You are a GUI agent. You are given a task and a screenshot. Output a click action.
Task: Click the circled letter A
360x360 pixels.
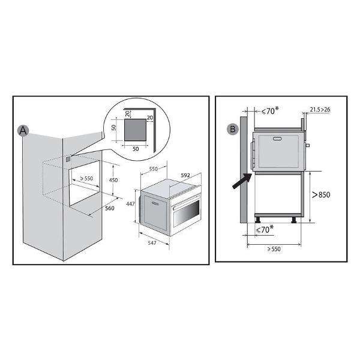tap(23, 131)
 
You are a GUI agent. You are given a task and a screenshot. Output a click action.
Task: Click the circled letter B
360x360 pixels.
tap(232, 129)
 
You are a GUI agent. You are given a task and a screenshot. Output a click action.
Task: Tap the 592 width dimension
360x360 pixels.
tap(185, 175)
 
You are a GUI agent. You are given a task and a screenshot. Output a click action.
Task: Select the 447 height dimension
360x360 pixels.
tap(130, 203)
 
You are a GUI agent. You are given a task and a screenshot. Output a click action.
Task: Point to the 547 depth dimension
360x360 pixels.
tap(152, 242)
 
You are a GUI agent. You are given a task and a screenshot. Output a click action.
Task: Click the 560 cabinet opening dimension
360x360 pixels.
tap(110, 208)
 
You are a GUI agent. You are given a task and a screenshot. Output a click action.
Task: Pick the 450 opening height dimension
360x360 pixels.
tap(113, 180)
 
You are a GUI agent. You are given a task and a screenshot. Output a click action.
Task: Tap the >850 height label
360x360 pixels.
tap(321, 194)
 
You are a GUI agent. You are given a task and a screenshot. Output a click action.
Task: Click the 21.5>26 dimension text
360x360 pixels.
tap(320, 110)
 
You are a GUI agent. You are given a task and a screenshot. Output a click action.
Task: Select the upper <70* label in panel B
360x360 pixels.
tap(270, 110)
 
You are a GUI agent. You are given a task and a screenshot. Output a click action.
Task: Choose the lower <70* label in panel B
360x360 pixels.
tap(265, 229)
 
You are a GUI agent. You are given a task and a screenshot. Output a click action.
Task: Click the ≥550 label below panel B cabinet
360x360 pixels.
tap(274, 249)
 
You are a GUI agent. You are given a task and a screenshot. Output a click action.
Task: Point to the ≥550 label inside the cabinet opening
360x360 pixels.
tap(86, 178)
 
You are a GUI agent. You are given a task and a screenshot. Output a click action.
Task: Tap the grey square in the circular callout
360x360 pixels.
tap(135, 130)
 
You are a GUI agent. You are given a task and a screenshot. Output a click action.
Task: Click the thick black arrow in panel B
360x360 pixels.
tap(242, 181)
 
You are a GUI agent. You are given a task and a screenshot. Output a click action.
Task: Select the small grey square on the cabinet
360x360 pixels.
tap(68, 159)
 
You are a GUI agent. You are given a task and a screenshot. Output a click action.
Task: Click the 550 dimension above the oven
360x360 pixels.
tap(154, 169)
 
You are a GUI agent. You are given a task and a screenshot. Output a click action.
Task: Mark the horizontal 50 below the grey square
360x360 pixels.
tap(136, 149)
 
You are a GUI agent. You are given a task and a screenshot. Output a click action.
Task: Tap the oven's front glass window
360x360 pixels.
tap(187, 213)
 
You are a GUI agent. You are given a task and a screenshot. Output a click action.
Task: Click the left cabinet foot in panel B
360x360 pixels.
tap(258, 220)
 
